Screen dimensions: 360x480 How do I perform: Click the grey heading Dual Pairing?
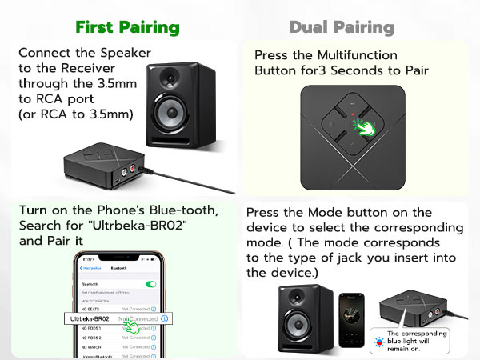(342, 27)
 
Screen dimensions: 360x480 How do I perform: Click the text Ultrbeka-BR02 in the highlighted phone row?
(90, 318)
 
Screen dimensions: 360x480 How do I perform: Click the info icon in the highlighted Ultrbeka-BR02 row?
(164, 318)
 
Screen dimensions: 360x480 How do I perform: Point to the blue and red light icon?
(376, 341)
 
